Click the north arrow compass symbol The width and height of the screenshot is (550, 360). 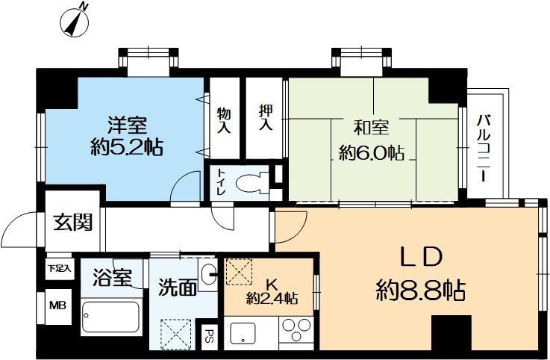tap(74, 22)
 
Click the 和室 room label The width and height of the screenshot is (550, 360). tap(372, 127)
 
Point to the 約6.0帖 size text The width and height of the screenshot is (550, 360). tap(371, 154)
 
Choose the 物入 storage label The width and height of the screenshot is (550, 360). tap(223, 120)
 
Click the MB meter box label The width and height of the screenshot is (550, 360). tap(57, 305)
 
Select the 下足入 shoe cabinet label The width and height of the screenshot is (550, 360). tap(57, 267)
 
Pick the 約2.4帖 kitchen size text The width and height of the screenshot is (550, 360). tap(272, 298)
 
